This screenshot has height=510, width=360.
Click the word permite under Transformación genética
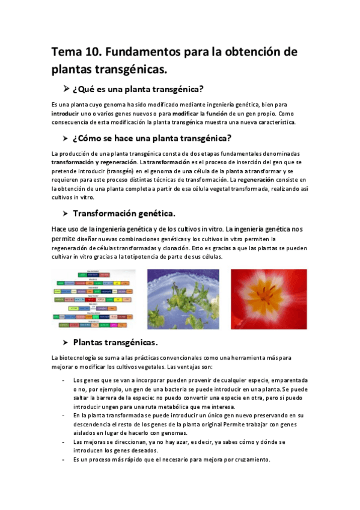pyautogui.click(x=63, y=239)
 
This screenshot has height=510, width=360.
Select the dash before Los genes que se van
pyautogui.click(x=64, y=381)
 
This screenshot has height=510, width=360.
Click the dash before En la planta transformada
pyautogui.click(x=64, y=415)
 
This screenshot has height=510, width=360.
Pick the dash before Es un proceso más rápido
pyautogui.click(x=64, y=459)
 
